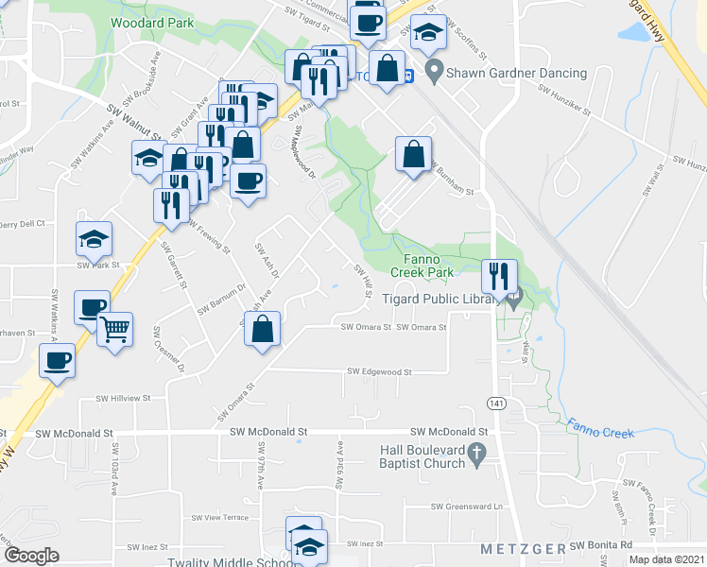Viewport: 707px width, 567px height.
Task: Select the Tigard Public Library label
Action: point(440,300)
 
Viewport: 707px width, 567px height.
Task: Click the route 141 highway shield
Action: point(495,404)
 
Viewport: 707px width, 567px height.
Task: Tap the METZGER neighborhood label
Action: point(523,549)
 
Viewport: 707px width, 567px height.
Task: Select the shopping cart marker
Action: point(115,331)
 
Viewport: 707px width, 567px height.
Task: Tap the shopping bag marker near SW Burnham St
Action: point(413,154)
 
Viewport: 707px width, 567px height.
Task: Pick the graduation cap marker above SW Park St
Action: point(94,239)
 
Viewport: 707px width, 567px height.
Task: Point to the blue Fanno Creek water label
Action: point(601,427)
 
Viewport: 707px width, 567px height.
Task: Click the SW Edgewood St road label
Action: point(380,372)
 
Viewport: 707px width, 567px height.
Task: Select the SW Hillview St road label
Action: point(117,398)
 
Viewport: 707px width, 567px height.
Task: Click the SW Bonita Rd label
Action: point(600,546)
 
